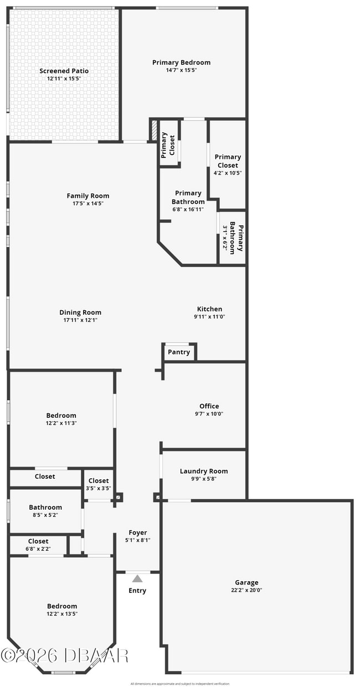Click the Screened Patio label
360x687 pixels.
pos(64,71)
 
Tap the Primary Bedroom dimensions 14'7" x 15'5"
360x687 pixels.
pos(181,70)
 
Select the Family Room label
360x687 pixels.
pos(88,196)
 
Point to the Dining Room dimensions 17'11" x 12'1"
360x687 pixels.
pos(80,320)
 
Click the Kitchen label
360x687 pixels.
pos(209,309)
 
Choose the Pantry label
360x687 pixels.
pos(178,352)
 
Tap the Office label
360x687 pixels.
pos(209,406)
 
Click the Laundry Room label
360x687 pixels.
pos(203,471)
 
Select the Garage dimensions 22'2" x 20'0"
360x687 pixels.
pos(246,590)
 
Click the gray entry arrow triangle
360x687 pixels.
pos(137,578)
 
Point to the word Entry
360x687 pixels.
pos(137,591)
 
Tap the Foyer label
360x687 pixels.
pos(137,532)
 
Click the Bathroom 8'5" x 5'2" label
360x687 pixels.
pos(45,507)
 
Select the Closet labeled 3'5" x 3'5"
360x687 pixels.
pos(99,481)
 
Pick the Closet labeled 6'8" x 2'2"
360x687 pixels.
pos(38,541)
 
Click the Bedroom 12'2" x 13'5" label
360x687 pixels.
pos(62,606)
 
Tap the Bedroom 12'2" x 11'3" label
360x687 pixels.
pos(61,416)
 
